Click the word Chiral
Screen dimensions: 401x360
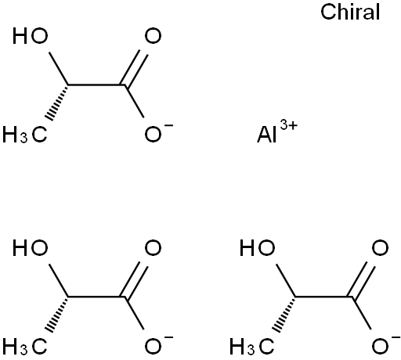[x=350, y=13]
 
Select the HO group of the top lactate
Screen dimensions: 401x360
[x=31, y=36]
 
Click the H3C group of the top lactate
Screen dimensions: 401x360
[x=25, y=135]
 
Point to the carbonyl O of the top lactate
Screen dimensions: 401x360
[x=154, y=36]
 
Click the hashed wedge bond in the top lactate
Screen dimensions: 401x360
[x=57, y=103]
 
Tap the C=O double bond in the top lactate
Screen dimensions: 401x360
[x=133, y=68]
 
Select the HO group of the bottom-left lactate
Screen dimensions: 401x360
[x=31, y=247]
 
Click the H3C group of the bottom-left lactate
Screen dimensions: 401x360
[x=25, y=347]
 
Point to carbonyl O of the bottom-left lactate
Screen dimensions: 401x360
[x=154, y=247]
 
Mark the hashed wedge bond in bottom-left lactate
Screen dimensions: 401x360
[x=57, y=314]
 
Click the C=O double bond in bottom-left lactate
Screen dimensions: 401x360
[x=133, y=279]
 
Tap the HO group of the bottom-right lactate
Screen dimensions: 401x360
[x=258, y=247]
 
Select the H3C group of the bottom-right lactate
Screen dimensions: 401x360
[x=252, y=347]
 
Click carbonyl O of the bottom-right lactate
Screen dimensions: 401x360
[x=381, y=247]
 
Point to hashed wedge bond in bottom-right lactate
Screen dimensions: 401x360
[x=284, y=314]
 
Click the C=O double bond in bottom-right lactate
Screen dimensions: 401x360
[x=360, y=279]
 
